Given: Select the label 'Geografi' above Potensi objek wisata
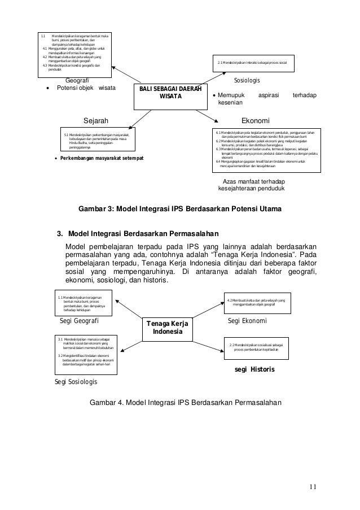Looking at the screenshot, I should point(77,81).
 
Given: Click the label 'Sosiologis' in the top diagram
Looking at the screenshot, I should point(247,81).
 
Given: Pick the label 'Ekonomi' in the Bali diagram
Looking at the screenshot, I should point(255,121).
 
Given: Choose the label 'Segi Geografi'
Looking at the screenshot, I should point(80,321).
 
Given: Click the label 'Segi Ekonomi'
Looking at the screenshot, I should point(247,320).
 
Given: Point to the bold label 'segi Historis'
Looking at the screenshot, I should point(254,370).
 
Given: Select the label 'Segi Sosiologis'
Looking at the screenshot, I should point(75,382).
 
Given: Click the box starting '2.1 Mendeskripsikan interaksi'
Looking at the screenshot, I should point(252,62).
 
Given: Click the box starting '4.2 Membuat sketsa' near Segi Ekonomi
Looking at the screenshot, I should point(256,302).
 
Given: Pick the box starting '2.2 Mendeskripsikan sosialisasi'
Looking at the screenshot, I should point(255,346).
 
